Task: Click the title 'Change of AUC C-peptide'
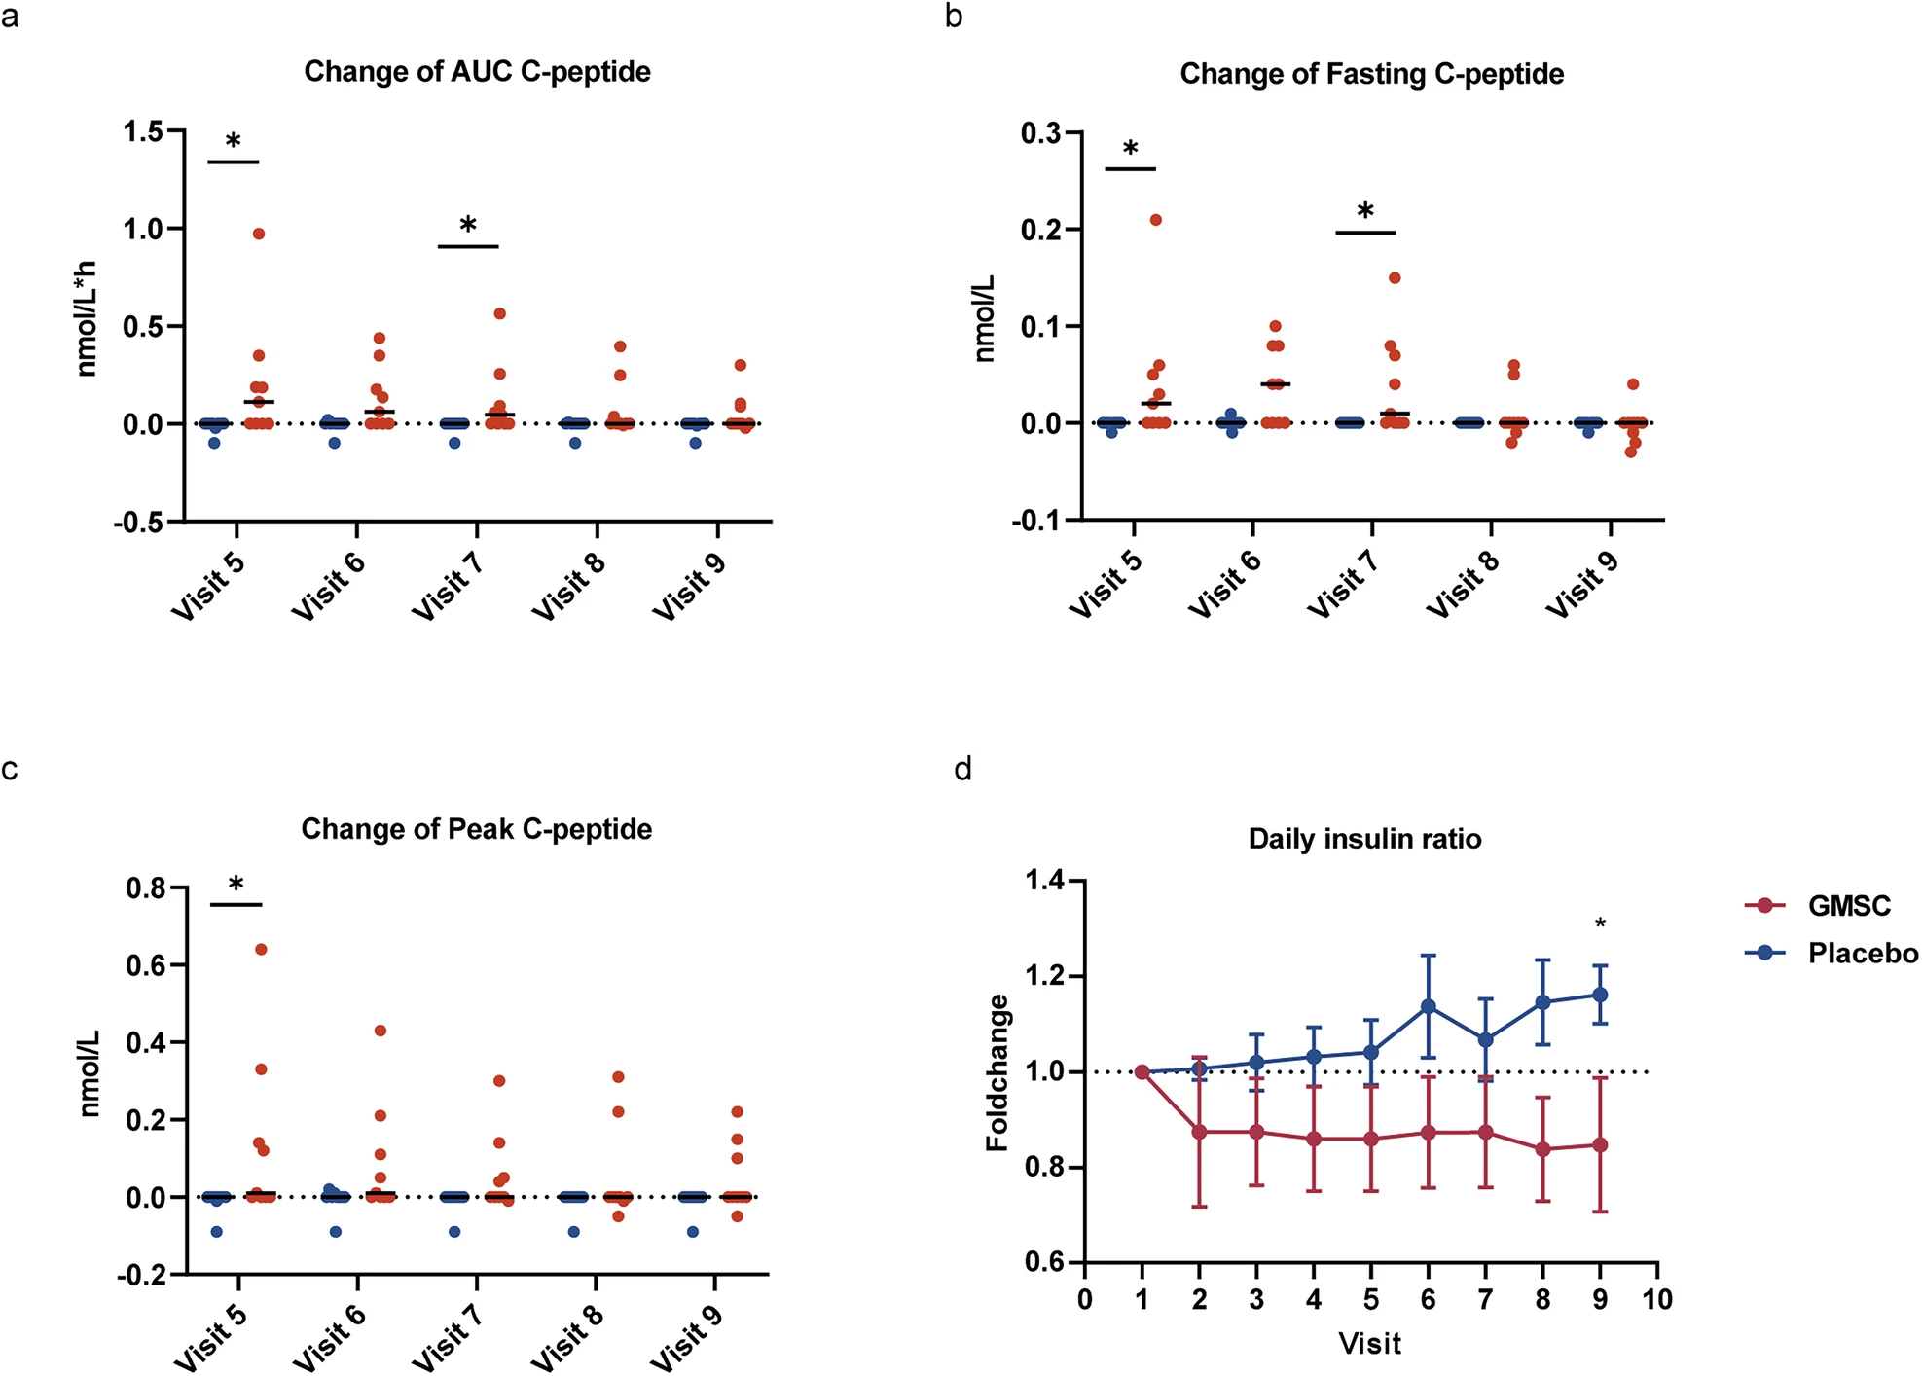tap(477, 72)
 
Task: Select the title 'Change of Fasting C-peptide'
tap(1372, 74)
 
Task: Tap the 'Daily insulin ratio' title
tap(1364, 839)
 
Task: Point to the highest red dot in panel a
tap(259, 234)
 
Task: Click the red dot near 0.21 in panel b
tap(1156, 220)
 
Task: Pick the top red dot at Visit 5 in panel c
tap(261, 949)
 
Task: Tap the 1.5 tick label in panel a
tap(143, 131)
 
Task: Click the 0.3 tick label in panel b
tap(1040, 132)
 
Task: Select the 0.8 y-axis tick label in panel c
tap(147, 887)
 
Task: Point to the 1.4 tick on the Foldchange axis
tap(1046, 881)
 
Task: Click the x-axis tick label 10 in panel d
tap(1657, 1299)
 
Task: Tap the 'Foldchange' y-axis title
tap(997, 1072)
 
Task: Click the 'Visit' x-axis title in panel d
tap(1370, 1344)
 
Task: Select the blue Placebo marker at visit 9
tap(1600, 995)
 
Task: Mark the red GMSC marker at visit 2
tap(1199, 1132)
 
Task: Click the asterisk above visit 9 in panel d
tap(1600, 923)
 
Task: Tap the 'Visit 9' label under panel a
tap(689, 583)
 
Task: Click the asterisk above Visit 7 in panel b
tap(1365, 210)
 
